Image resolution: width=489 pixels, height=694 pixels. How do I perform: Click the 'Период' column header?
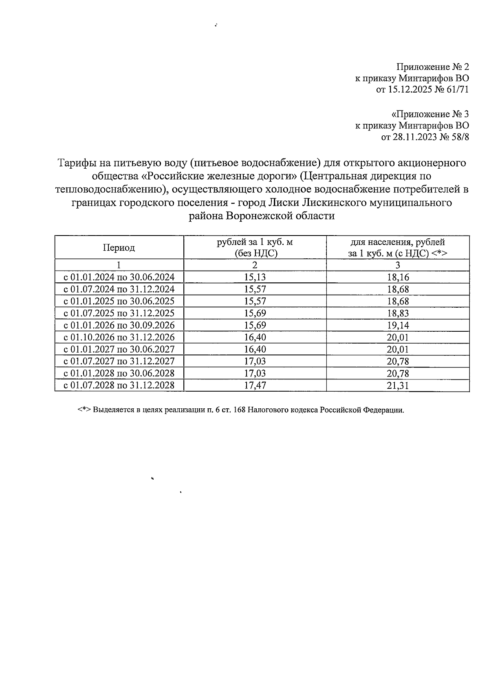pos(119,247)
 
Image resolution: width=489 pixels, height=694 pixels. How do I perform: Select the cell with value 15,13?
pos(255,278)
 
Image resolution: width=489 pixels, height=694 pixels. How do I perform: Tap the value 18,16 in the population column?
pos(398,278)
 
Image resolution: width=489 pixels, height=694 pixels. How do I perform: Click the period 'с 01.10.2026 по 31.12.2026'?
pos(119,337)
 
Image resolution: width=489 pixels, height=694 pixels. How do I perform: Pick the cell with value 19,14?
pos(398,325)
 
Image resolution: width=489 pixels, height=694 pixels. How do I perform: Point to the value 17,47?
pos(255,385)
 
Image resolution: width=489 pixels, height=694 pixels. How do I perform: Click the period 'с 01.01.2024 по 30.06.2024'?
pos(119,278)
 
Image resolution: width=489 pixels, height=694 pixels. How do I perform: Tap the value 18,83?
pos(398,313)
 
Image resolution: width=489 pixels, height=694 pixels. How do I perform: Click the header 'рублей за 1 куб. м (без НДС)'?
pos(255,247)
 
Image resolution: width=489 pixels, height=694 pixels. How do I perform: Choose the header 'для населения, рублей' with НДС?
pos(398,247)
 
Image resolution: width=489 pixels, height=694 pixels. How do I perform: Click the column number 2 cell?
pos(255,265)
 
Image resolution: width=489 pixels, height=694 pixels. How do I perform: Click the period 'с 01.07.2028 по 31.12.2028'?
pos(119,385)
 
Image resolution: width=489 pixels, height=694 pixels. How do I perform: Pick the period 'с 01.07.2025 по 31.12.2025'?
pos(119,313)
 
